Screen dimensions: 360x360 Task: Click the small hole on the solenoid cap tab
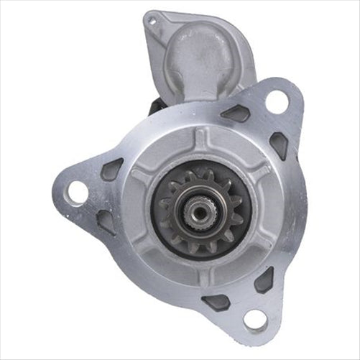click(152, 21)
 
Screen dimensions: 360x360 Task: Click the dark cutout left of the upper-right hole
click(236, 113)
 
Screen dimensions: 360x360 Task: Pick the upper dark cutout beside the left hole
click(112, 169)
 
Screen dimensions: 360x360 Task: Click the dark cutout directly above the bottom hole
click(264, 280)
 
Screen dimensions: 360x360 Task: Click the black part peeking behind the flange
click(153, 106)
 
